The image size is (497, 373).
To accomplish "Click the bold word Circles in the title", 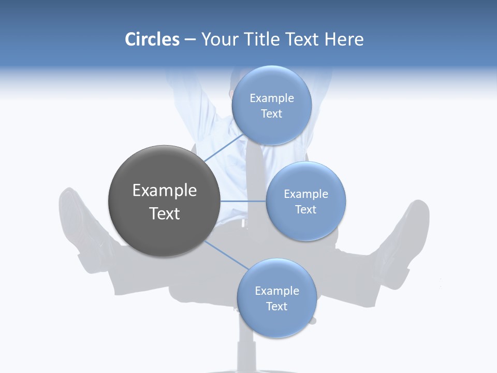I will click(x=152, y=39).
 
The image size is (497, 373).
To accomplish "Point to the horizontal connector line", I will click(x=243, y=201).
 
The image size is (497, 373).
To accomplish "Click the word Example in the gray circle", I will click(x=164, y=191).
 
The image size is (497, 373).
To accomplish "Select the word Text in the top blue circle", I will click(x=271, y=114).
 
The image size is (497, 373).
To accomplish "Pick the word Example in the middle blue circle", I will click(x=305, y=194).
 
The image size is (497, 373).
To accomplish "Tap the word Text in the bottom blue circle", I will click(x=276, y=307).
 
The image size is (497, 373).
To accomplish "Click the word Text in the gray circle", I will click(x=164, y=213).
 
